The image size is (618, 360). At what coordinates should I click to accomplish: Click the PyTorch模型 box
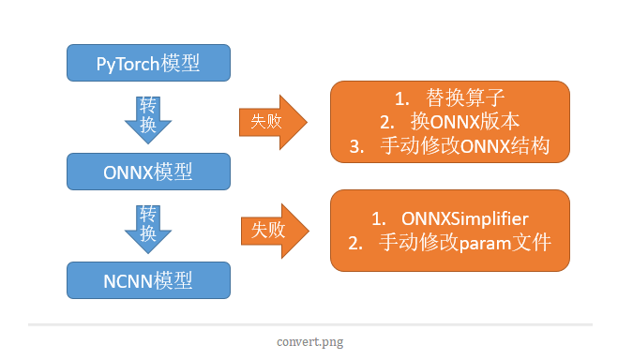[x=148, y=64]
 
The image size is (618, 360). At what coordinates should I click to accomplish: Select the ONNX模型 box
[x=148, y=172]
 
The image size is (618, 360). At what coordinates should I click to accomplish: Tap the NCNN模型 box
[x=148, y=280]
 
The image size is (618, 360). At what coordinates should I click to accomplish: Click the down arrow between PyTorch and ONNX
[x=148, y=118]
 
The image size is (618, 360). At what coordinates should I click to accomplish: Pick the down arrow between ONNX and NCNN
[x=148, y=226]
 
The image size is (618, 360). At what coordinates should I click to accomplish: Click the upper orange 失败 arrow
[x=273, y=120]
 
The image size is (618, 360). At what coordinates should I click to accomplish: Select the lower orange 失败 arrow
[x=273, y=228]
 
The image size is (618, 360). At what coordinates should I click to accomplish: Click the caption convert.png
[x=309, y=341]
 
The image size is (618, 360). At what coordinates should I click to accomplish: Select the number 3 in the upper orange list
[x=354, y=146]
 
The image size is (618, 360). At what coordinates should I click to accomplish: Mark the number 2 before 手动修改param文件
[x=354, y=243]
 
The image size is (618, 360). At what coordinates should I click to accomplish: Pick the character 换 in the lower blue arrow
[x=148, y=233]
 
